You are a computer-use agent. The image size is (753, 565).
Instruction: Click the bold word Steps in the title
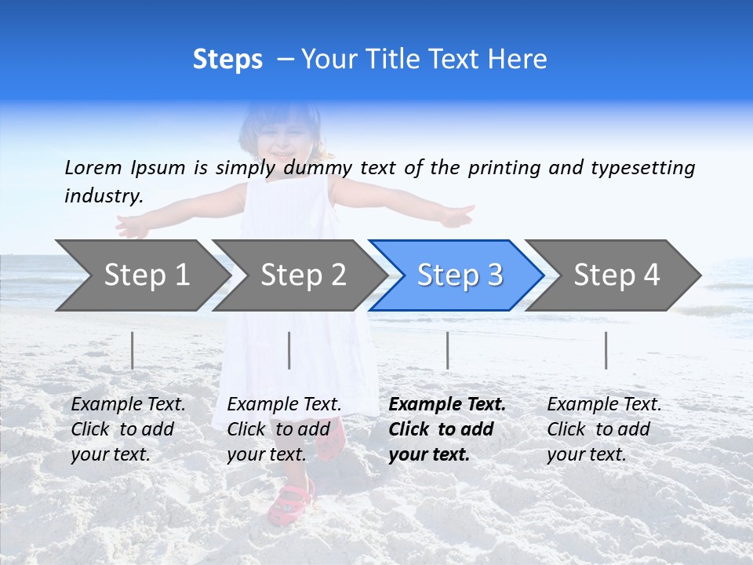[x=227, y=60]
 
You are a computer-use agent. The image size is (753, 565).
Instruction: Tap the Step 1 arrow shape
[x=141, y=275]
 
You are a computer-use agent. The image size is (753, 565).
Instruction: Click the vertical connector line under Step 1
[x=133, y=350]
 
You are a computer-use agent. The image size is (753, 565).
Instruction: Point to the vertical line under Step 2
[x=289, y=350]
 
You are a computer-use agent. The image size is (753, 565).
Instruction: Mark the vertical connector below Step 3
[x=447, y=350]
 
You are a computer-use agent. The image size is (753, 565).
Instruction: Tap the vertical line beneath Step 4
[x=606, y=350]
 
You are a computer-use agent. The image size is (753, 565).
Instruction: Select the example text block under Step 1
[x=128, y=428]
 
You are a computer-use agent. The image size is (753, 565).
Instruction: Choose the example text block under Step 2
[x=284, y=428]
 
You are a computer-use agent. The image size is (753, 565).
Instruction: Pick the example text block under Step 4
[x=604, y=428]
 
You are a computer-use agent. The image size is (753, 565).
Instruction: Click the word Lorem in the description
[x=93, y=167]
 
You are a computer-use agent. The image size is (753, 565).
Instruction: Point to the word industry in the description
[x=102, y=195]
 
